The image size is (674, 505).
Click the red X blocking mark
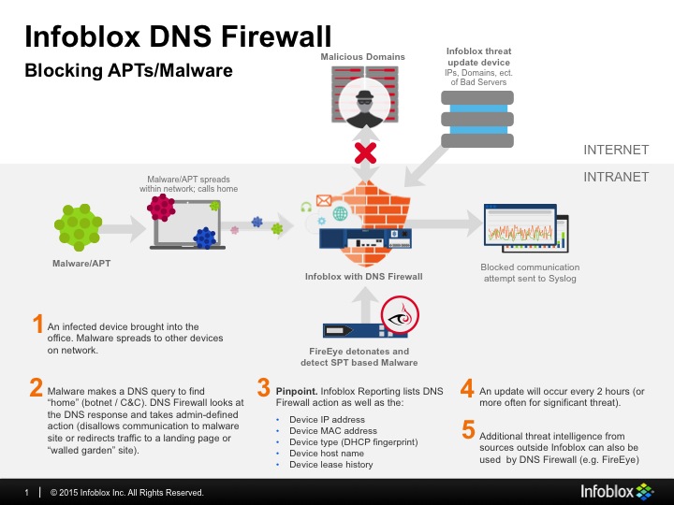(363, 151)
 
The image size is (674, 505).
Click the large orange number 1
(37, 325)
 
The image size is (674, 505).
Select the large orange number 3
(264, 387)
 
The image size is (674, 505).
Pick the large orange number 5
(468, 429)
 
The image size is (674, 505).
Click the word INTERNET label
(615, 150)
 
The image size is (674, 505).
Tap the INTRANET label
(616, 175)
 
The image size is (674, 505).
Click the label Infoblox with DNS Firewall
(364, 276)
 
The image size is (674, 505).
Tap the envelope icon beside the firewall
(325, 199)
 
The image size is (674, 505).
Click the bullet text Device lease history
(332, 464)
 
